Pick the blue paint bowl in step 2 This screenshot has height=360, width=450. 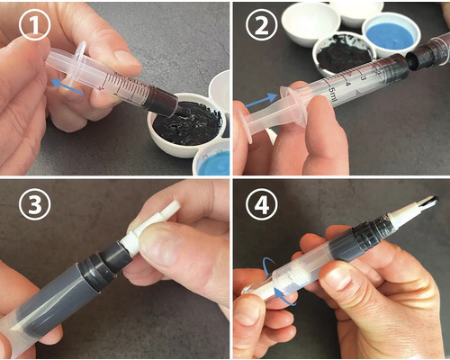pyautogui.click(x=391, y=35)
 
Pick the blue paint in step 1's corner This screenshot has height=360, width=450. pyautogui.click(x=214, y=163)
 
